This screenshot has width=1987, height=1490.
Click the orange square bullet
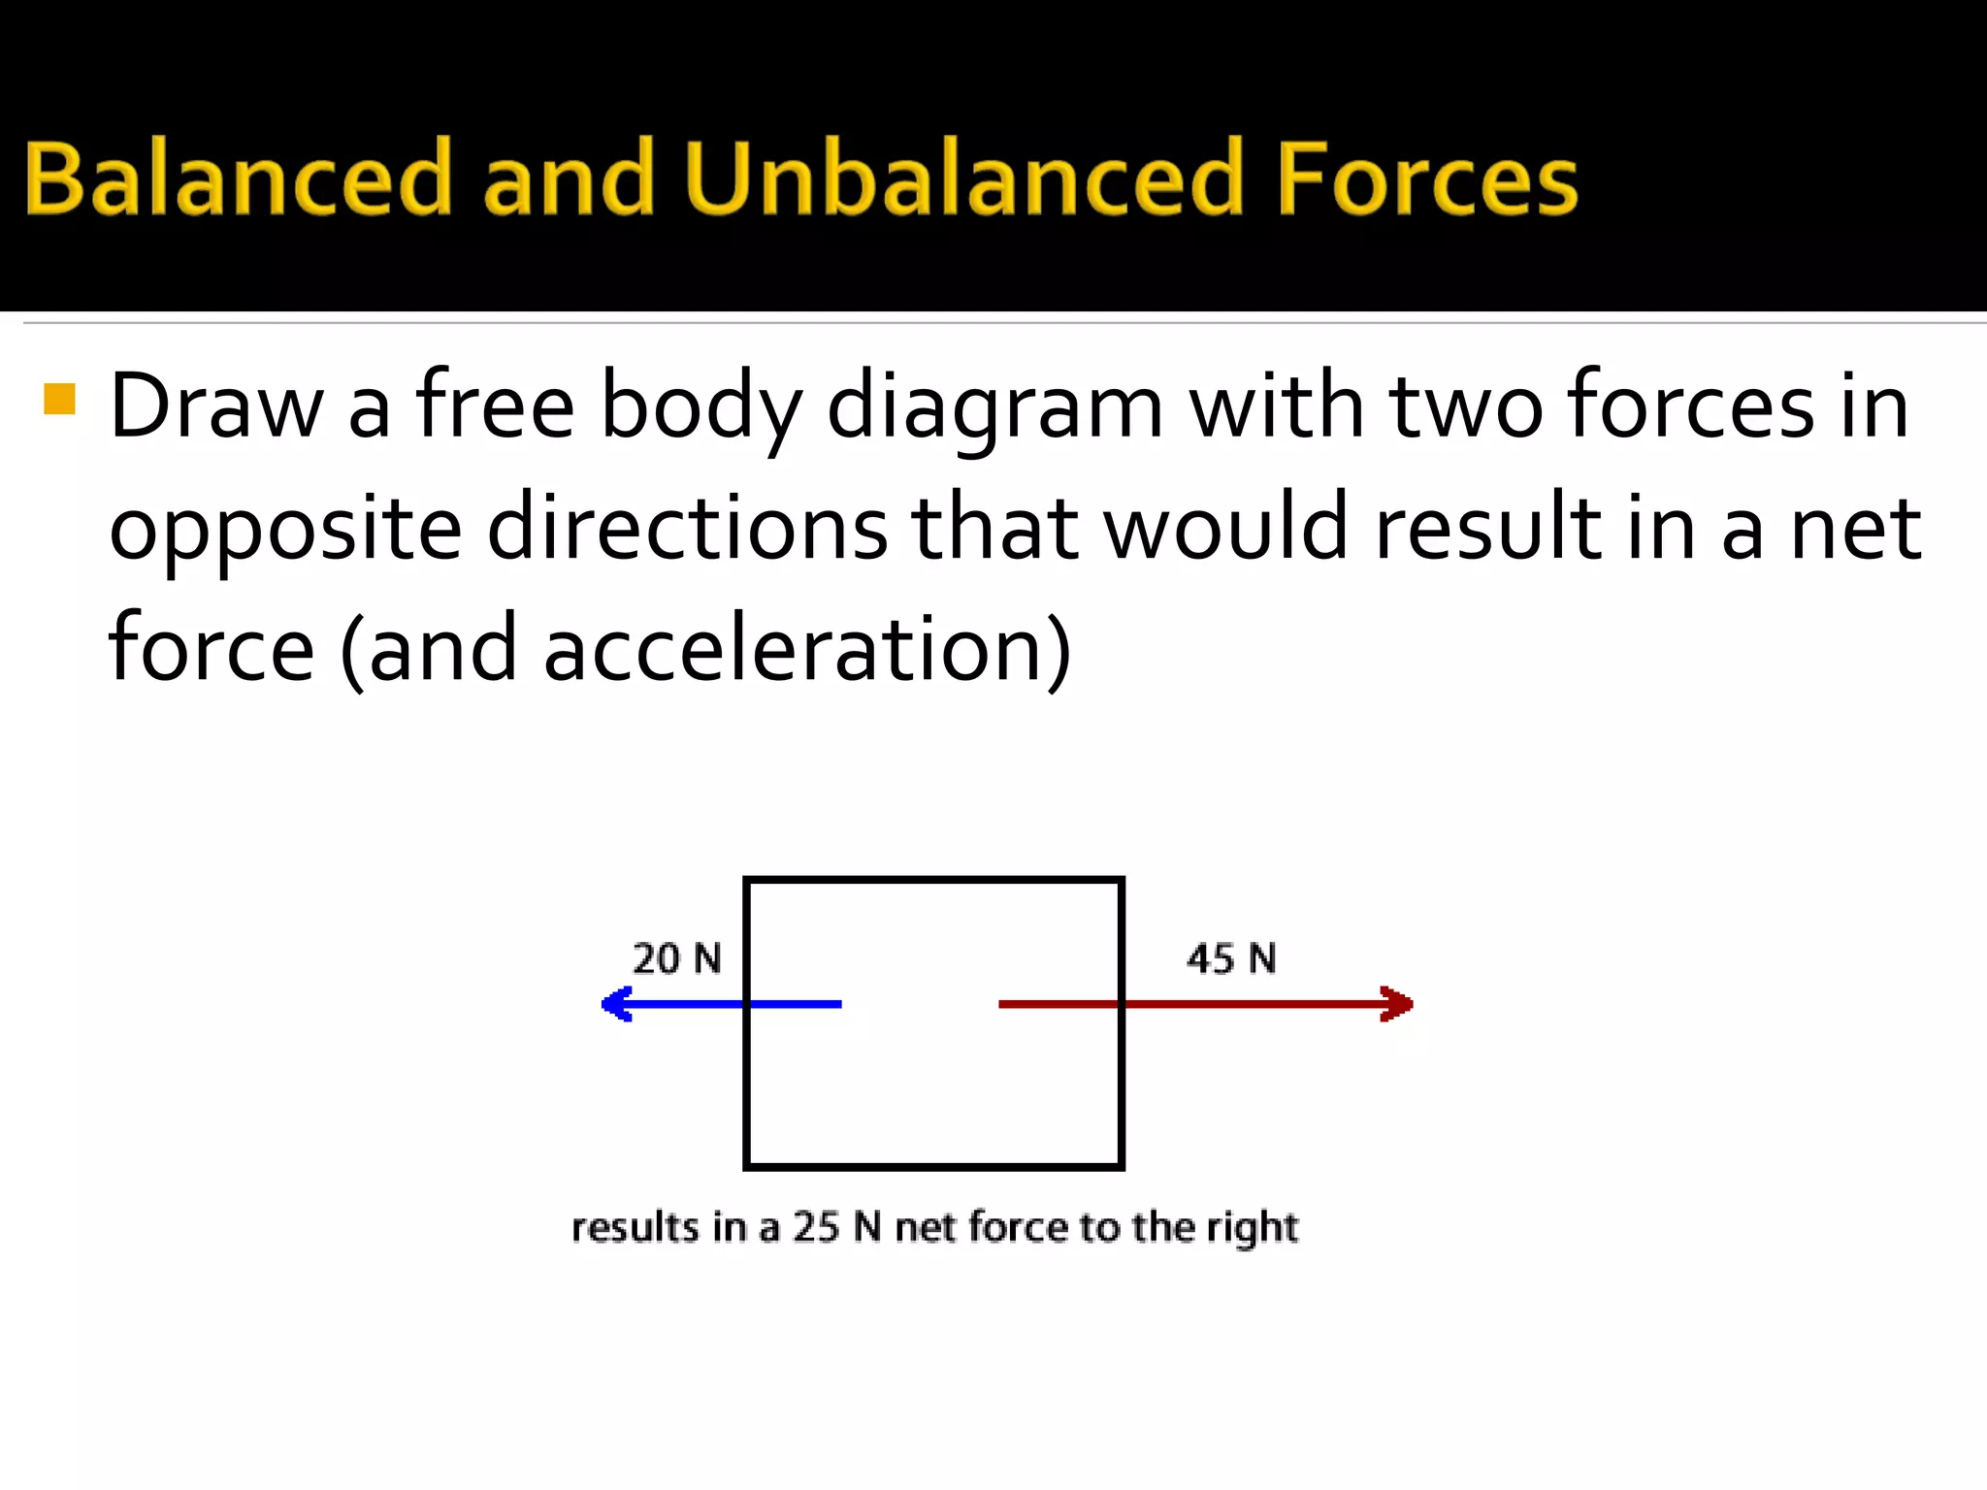[60, 399]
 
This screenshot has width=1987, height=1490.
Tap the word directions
[687, 528]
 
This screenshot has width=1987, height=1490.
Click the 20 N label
[677, 958]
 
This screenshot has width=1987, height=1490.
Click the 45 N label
[1231, 958]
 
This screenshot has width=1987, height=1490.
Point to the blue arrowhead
[616, 1004]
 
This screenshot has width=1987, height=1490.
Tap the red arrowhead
[1397, 1004]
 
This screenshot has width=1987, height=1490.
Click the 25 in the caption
[816, 1227]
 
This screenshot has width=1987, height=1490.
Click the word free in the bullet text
[495, 405]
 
